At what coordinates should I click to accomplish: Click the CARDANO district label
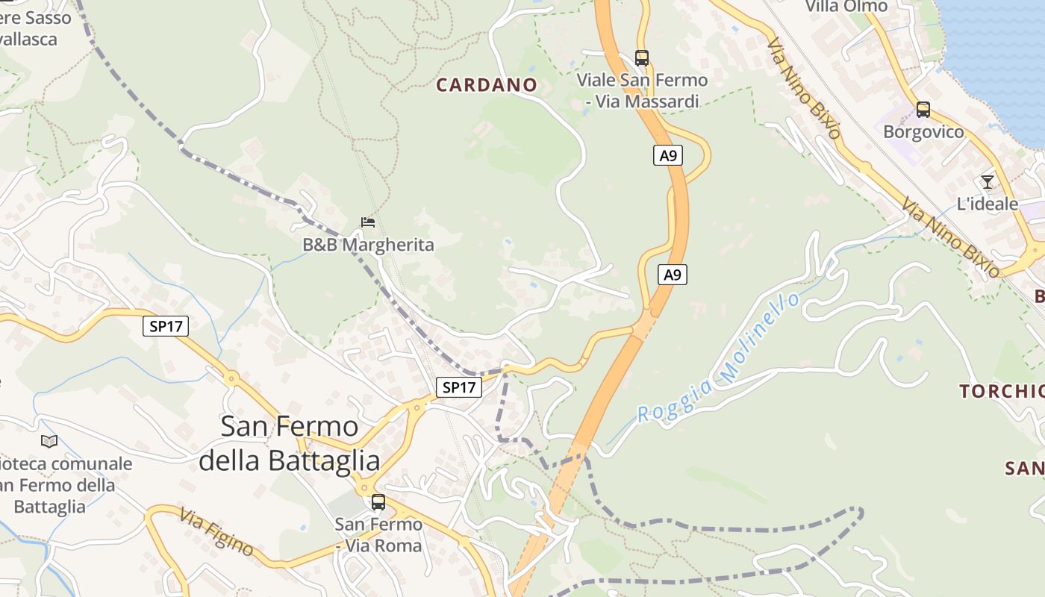(x=486, y=85)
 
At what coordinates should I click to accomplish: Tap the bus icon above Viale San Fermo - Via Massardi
(x=641, y=57)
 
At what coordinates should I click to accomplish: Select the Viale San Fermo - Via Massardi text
(x=642, y=90)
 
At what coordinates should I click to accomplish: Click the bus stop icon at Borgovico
(x=923, y=110)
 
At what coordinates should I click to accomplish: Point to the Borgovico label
(x=923, y=132)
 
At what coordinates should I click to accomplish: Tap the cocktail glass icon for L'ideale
(x=988, y=182)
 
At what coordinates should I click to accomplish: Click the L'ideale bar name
(x=987, y=204)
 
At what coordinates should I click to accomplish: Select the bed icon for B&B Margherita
(x=367, y=222)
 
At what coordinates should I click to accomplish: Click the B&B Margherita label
(x=368, y=245)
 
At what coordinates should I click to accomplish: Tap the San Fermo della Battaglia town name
(x=290, y=443)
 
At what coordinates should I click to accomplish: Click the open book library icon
(x=49, y=442)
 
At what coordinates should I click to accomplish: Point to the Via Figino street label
(x=216, y=531)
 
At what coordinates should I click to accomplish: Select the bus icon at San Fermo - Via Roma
(x=378, y=502)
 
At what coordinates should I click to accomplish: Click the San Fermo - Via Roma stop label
(x=378, y=535)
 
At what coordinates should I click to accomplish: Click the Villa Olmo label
(x=846, y=7)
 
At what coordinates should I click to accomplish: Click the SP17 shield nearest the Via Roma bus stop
(x=458, y=387)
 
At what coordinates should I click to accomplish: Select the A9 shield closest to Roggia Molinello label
(x=673, y=275)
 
